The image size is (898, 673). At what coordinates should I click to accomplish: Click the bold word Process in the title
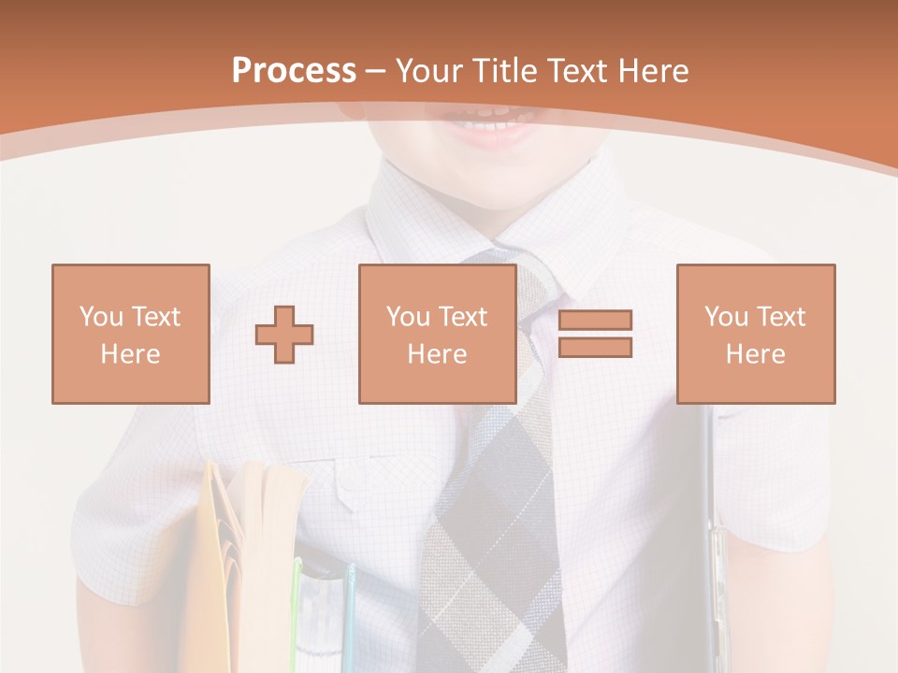[x=294, y=71]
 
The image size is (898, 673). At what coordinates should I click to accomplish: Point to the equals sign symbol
[x=595, y=334]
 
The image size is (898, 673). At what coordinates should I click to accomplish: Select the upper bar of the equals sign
[x=595, y=321]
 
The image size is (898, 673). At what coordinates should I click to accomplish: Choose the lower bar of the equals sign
[x=595, y=347]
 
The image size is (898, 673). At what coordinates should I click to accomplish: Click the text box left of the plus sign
[x=130, y=334]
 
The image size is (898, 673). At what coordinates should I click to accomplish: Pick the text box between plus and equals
[x=437, y=334]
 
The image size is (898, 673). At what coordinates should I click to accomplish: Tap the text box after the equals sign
[x=755, y=334]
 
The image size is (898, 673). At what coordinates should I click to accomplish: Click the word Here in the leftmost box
[x=130, y=354]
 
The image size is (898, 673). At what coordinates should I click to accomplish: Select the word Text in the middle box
[x=462, y=317]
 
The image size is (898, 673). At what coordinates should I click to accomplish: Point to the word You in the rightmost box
[x=726, y=317]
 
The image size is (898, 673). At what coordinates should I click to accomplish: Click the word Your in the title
[x=427, y=71]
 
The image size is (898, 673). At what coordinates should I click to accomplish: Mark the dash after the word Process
[x=376, y=71]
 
